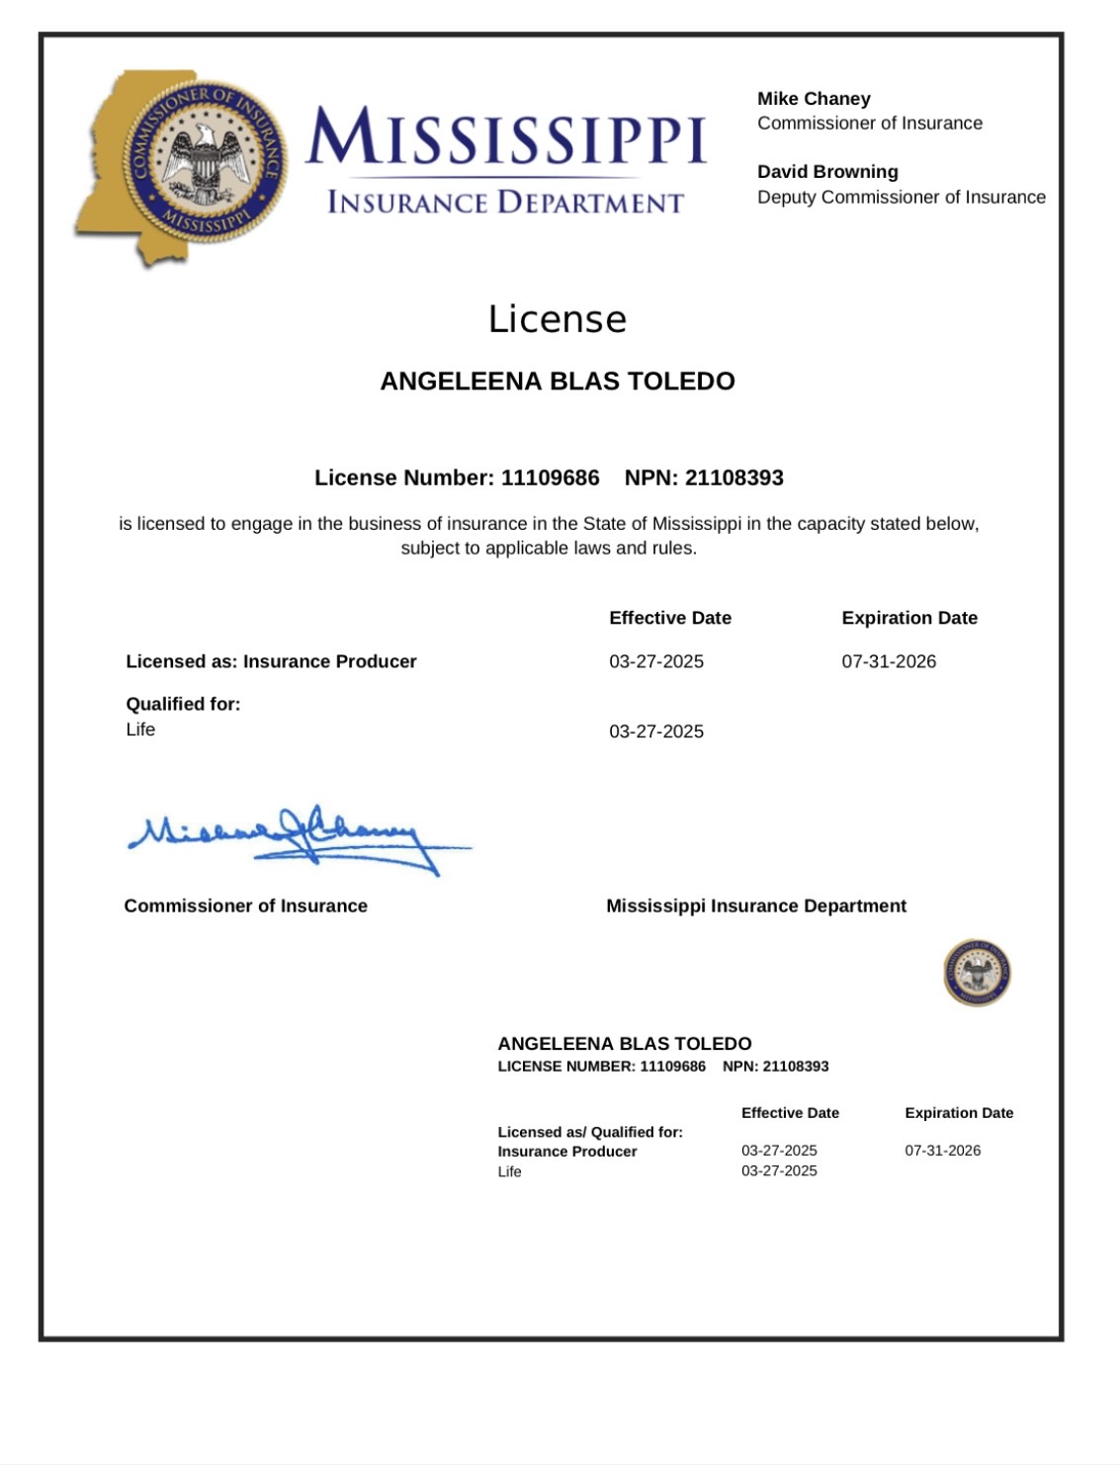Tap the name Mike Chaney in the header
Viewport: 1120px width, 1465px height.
[x=814, y=99]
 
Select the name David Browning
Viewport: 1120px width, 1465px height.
[x=827, y=172]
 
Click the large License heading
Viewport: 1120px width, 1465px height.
[x=558, y=319]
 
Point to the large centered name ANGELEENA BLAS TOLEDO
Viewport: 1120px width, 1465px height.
[x=558, y=382]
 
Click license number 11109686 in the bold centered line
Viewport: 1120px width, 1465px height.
[x=550, y=478]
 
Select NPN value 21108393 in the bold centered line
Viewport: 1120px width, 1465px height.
[x=733, y=478]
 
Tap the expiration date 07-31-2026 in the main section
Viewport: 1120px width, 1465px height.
[x=889, y=661]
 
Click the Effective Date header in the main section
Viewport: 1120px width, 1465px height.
[x=670, y=618]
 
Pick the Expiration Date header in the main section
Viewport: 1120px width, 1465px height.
[x=909, y=618]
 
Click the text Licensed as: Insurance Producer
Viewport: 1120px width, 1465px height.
[x=271, y=661]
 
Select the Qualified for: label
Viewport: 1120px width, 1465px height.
[x=183, y=704]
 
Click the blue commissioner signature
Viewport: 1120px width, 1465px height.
[x=297, y=838]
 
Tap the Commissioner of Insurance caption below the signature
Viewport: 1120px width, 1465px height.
[x=245, y=905]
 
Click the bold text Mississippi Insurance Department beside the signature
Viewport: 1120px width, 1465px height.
[x=756, y=905]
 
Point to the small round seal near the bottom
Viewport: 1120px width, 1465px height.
[x=977, y=973]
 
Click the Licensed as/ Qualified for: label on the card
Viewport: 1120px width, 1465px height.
[x=590, y=1132]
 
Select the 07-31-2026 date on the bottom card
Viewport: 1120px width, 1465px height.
[x=943, y=1151]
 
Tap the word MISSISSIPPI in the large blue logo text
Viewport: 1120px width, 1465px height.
[x=506, y=138]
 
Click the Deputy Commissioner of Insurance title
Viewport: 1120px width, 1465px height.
[x=902, y=197]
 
